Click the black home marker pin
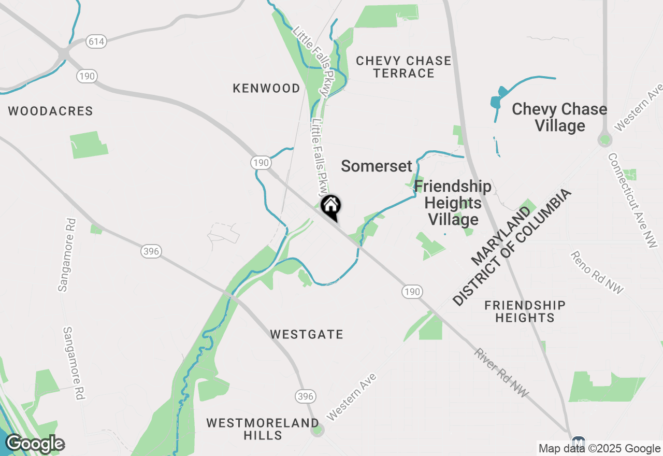click(330, 206)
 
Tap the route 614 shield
click(96, 42)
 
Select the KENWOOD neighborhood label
click(266, 89)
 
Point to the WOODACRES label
click(51, 111)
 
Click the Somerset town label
click(377, 166)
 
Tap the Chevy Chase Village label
click(559, 117)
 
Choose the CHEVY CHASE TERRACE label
click(403, 67)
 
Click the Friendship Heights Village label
click(453, 203)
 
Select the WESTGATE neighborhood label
click(307, 335)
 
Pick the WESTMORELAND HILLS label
click(263, 429)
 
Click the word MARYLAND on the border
click(501, 234)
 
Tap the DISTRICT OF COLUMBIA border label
click(512, 247)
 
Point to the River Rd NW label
click(501, 373)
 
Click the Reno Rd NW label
click(597, 273)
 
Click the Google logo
click(35, 444)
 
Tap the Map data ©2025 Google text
click(599, 449)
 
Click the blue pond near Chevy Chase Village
click(496, 101)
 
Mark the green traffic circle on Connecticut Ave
click(604, 139)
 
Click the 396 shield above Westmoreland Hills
click(306, 397)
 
